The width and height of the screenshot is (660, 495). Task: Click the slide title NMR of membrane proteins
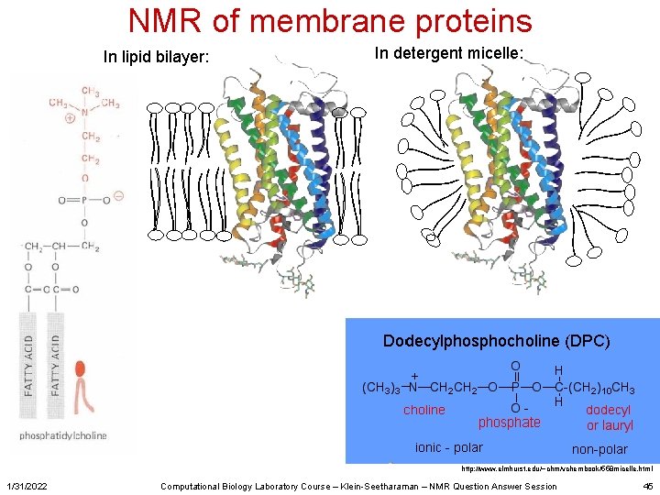tap(330, 21)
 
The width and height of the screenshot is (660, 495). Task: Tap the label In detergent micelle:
tap(449, 54)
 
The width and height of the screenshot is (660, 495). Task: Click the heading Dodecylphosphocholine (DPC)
tap(496, 341)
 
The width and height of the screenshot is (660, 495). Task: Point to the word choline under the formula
tap(424, 410)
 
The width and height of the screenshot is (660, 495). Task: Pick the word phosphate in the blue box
tap(509, 423)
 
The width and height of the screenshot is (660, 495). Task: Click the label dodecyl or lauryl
tap(609, 418)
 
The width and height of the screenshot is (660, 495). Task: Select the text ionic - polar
tap(449, 447)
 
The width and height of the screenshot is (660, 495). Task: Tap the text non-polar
tap(599, 449)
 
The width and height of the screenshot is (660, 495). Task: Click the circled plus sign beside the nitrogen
tap(70, 119)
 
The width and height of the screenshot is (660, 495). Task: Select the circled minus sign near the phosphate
tap(119, 195)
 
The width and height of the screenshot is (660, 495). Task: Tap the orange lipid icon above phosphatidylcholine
tap(82, 386)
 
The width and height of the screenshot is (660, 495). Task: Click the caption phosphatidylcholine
tap(63, 435)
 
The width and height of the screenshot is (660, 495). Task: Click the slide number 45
tap(647, 486)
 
